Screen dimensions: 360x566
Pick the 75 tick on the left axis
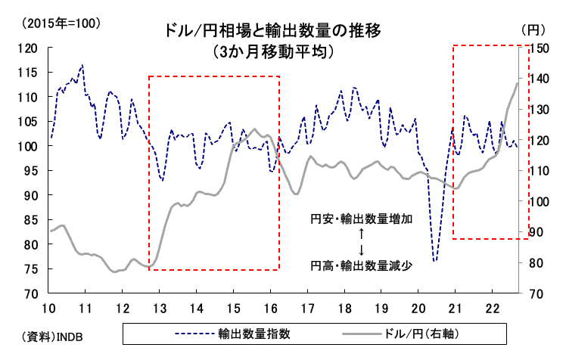coord(30,268)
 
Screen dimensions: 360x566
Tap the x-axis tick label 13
coord(159,307)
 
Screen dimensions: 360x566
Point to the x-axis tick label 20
coord(418,307)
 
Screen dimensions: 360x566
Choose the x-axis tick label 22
coord(492,307)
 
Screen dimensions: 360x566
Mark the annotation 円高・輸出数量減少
coord(362,265)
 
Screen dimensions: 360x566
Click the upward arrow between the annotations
coord(362,234)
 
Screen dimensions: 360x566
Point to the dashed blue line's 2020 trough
coord(435,261)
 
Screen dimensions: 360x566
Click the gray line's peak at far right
coord(518,82)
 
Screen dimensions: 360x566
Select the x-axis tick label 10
coord(48,307)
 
